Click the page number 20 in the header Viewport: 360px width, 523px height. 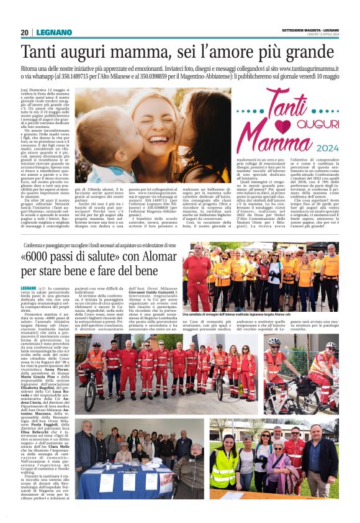click(24, 32)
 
